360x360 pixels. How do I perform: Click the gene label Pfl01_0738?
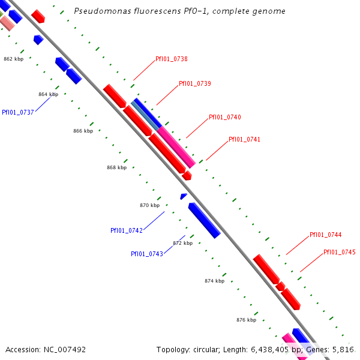171,59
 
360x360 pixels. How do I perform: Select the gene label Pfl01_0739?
194,83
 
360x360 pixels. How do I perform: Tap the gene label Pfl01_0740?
224,117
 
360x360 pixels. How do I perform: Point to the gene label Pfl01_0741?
244,139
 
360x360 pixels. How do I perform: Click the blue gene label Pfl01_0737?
17,112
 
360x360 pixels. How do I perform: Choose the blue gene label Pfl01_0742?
126,230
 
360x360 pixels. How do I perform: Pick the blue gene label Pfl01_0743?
146,254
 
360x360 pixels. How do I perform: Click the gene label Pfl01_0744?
325,235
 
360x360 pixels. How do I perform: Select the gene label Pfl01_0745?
339,252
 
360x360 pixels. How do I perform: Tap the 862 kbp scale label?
13,59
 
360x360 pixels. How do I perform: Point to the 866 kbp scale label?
83,131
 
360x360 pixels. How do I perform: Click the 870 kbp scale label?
150,205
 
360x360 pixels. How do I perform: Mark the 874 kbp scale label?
214,281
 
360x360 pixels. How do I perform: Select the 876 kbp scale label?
246,320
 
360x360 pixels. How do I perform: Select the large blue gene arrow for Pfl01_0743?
204,220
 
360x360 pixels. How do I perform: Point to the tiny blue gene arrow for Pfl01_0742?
184,196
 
